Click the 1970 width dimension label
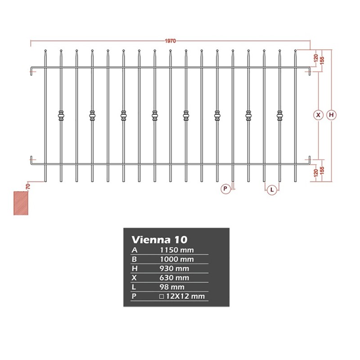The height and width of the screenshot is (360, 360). pyautogui.click(x=171, y=41)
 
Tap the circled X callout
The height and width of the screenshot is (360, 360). pyautogui.click(x=318, y=115)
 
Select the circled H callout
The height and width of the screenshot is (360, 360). pyautogui.click(x=331, y=115)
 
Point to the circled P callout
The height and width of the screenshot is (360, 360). pyautogui.click(x=225, y=189)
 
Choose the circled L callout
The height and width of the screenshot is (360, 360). pyautogui.click(x=272, y=190)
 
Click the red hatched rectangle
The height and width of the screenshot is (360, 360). pyautogui.click(x=21, y=203)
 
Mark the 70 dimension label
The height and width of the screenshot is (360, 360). pyautogui.click(x=28, y=186)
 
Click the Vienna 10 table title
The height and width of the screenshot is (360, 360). pyautogui.click(x=160, y=239)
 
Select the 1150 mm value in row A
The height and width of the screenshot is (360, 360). pyautogui.click(x=177, y=250)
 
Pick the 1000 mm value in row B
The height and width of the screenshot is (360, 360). pyautogui.click(x=177, y=259)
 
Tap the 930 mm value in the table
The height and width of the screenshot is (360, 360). pyautogui.click(x=174, y=268)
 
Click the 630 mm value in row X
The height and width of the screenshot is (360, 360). pyautogui.click(x=174, y=278)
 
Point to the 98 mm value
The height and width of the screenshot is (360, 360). pyautogui.click(x=172, y=287)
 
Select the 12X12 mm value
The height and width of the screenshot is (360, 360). pyautogui.click(x=185, y=296)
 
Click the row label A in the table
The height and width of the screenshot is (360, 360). pyautogui.click(x=134, y=250)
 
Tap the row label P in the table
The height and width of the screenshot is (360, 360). pyautogui.click(x=134, y=296)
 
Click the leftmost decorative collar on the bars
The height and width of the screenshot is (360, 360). pyautogui.click(x=61, y=116)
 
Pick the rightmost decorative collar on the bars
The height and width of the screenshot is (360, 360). pyautogui.click(x=279, y=116)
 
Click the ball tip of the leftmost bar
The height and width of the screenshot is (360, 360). pyautogui.click(x=45, y=50)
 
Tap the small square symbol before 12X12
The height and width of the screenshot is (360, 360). pyautogui.click(x=162, y=297)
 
